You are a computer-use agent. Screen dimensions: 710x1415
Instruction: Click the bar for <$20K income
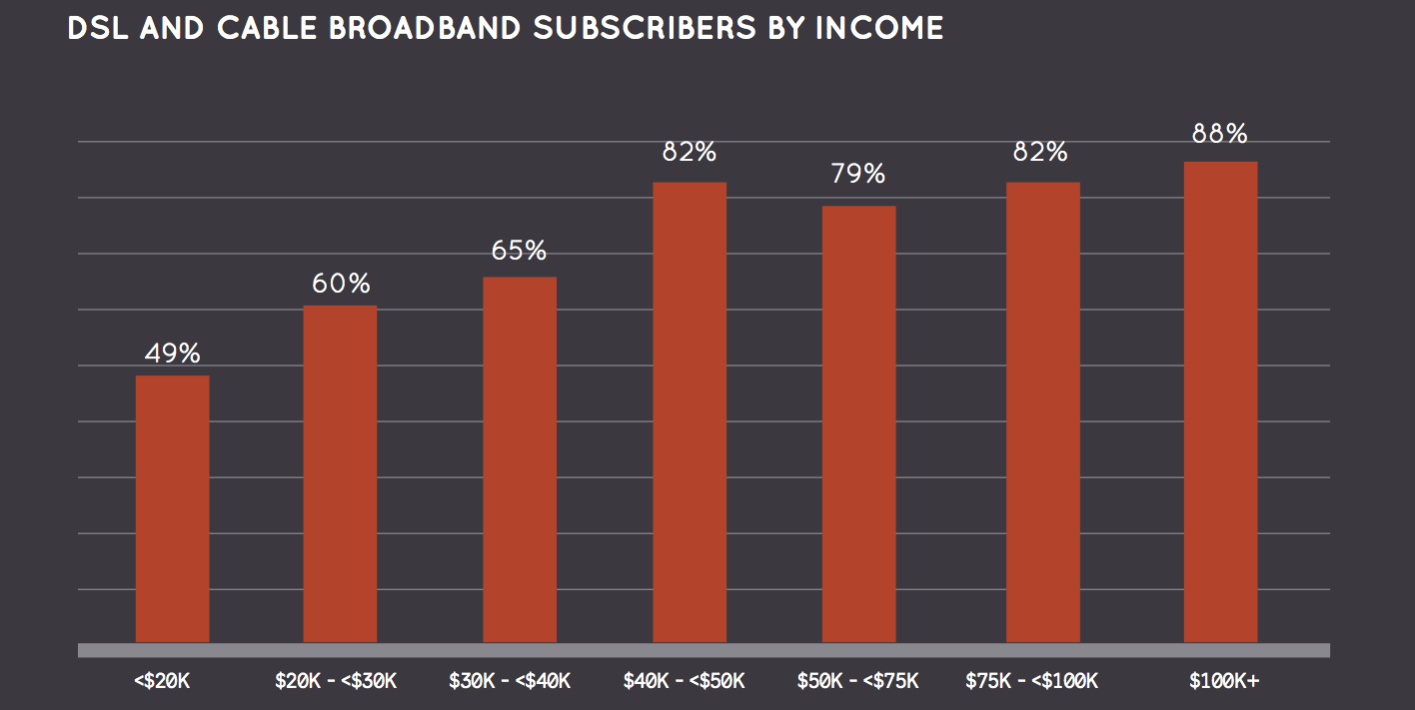172,508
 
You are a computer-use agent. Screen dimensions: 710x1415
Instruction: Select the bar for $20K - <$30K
340,473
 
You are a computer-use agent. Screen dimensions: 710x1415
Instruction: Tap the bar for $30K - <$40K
520,459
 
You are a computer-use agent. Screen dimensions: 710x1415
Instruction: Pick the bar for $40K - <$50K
690,411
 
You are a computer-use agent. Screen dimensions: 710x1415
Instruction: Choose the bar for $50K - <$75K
858,423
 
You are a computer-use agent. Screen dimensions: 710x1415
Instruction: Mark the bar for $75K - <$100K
1042,411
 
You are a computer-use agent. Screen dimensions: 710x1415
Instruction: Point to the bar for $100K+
1220,401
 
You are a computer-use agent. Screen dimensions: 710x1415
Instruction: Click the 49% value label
172,354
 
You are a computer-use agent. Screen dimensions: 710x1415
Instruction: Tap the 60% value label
340,284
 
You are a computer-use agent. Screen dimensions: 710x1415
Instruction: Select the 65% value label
519,251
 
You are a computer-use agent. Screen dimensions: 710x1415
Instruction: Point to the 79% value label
858,174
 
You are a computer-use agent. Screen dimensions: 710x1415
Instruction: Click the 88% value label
1220,134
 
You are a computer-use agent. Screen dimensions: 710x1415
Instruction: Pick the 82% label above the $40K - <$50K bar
690,152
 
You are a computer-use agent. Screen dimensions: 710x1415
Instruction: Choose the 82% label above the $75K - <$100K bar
1041,152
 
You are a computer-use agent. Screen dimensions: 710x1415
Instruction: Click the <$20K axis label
162,682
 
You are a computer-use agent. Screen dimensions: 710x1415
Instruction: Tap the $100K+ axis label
1224,682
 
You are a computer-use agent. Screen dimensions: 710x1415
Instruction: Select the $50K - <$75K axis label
859,682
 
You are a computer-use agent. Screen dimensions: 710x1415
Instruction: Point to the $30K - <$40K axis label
510,682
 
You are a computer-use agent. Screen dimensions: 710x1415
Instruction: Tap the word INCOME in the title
879,28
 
